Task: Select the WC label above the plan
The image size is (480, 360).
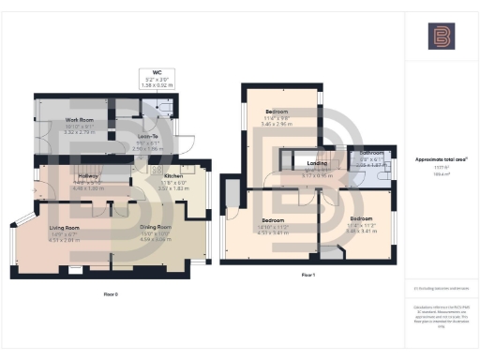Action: coord(144,71)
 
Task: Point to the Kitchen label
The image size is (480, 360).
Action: coord(175,176)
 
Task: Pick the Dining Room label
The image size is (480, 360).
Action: coord(157,227)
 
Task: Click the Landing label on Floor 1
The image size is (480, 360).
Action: coord(316,163)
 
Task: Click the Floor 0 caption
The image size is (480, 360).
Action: coord(111,294)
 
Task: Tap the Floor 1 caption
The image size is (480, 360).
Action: coord(307,275)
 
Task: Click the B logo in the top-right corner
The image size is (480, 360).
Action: coord(440,37)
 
